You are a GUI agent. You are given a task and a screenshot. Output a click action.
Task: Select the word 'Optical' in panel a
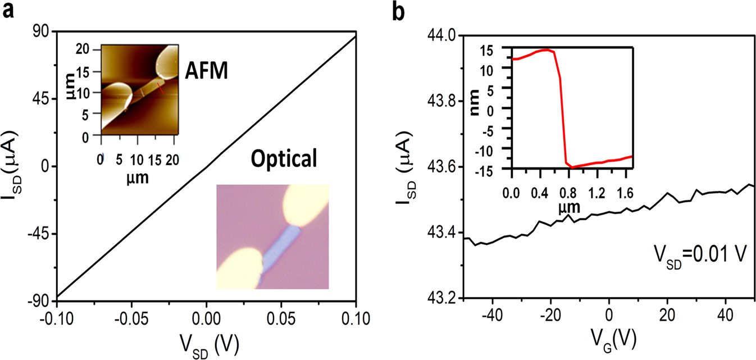pos(284,160)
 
